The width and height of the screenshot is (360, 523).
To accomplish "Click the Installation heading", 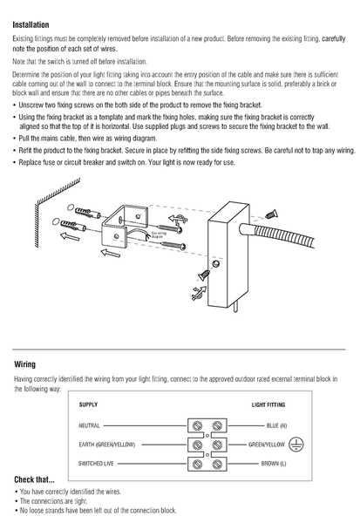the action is pyautogui.click(x=31, y=25).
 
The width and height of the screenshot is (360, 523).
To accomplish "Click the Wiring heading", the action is pyautogui.click(x=24, y=364).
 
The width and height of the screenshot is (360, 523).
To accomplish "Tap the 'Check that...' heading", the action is pyautogui.click(x=34, y=479).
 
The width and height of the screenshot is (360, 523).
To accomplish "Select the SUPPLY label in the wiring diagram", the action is pyautogui.click(x=88, y=404).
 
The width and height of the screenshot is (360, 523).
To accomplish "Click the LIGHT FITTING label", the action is pyautogui.click(x=268, y=404).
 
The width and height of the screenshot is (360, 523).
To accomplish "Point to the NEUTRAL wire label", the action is pyautogui.click(x=89, y=425).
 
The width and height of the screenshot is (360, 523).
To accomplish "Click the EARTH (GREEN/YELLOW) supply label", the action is pyautogui.click(x=106, y=445).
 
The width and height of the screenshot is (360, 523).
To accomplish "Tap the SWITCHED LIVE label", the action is pyautogui.click(x=96, y=464).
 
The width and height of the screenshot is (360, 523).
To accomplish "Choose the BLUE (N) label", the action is pyautogui.click(x=276, y=425).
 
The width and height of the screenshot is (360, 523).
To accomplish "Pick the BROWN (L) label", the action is pyautogui.click(x=274, y=464).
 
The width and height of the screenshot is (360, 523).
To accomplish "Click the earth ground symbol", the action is pyautogui.click(x=296, y=445).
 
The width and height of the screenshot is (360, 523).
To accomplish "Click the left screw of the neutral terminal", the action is pyautogui.click(x=198, y=425).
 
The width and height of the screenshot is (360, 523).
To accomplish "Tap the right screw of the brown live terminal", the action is pyautogui.click(x=217, y=464).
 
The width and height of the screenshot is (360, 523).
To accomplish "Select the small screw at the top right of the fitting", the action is pyautogui.click(x=272, y=214).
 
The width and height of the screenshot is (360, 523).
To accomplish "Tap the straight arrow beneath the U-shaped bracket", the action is pyautogui.click(x=111, y=253).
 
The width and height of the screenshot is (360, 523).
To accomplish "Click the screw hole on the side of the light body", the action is pyautogui.click(x=216, y=264).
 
